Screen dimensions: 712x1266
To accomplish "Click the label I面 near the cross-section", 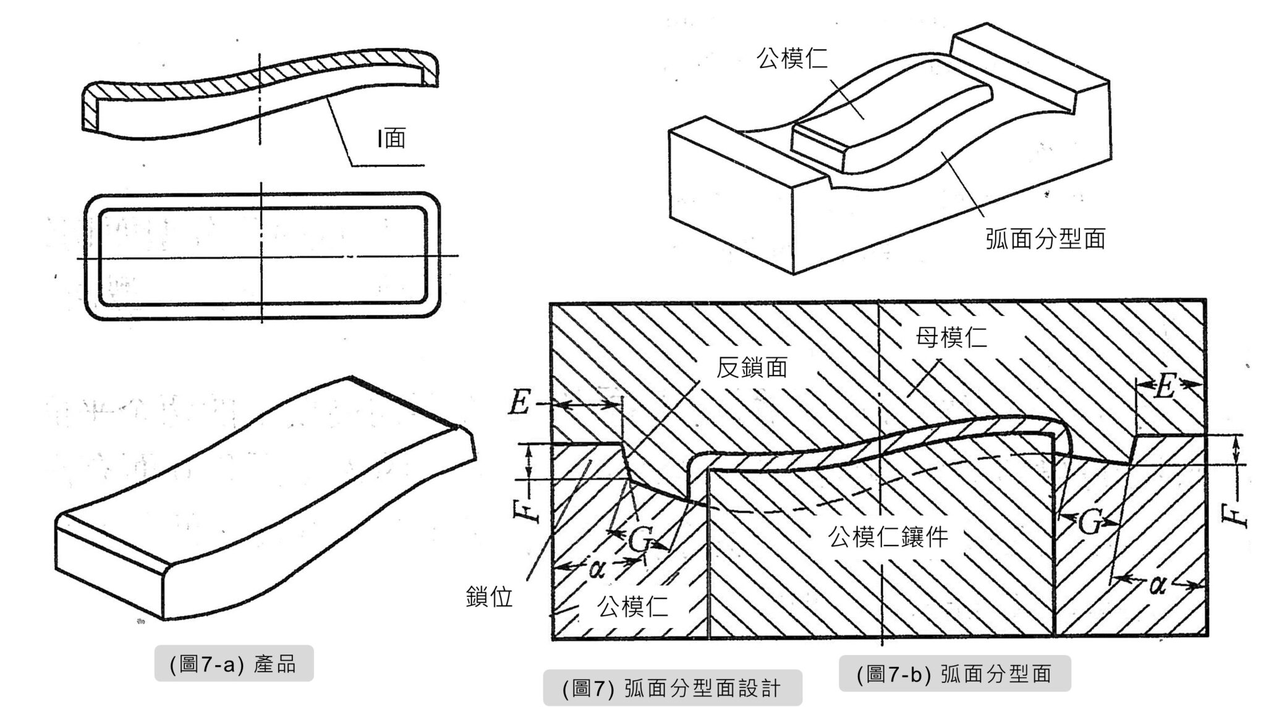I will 391,138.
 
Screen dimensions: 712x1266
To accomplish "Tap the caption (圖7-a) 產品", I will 234,664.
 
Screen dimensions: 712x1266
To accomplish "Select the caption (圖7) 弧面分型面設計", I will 672,688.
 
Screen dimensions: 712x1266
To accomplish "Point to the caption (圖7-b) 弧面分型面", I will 954,674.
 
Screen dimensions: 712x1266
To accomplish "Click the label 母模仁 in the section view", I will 951,337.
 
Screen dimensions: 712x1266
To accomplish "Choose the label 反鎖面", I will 752,368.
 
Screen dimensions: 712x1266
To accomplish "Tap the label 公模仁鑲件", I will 888,536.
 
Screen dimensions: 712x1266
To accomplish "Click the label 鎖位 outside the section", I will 489,597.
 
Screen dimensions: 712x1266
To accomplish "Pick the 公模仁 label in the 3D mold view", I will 792,58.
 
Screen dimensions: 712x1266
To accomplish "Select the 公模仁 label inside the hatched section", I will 632,607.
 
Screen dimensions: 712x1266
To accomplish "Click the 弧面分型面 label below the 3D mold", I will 1045,239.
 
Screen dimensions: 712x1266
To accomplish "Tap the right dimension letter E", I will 1164,388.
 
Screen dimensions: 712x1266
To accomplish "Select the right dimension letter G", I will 1090,523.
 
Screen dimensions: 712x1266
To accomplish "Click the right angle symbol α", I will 1158,584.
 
